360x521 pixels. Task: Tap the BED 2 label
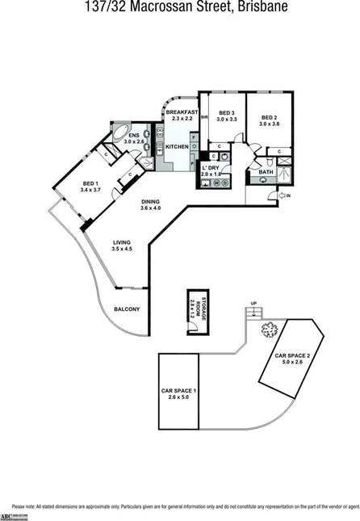[x=269, y=118]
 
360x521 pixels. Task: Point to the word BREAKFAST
[x=182, y=111]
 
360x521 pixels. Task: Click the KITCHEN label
[x=178, y=146]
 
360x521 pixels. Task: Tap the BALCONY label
[x=127, y=309]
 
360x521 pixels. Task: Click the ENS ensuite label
[x=132, y=134]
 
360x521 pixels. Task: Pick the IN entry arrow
[x=284, y=195]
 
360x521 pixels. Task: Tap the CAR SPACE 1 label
[x=179, y=391]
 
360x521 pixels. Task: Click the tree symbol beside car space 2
[x=269, y=329]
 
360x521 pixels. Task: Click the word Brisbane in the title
[x=265, y=6]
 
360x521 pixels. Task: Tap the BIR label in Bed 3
[x=204, y=118]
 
